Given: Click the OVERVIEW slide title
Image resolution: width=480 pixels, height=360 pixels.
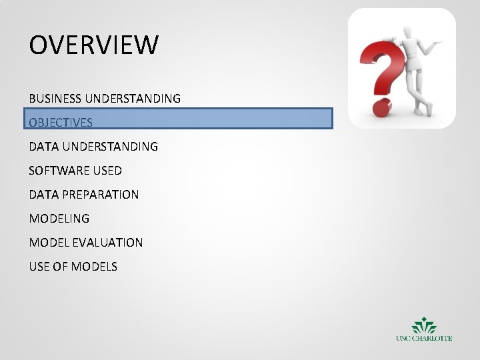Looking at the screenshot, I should tap(94, 45).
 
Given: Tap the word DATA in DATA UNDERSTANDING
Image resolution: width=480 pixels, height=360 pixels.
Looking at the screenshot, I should tap(43, 146).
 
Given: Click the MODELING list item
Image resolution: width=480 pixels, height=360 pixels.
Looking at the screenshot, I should tap(59, 219).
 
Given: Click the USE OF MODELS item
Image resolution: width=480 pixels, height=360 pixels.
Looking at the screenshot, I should tap(73, 267).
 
